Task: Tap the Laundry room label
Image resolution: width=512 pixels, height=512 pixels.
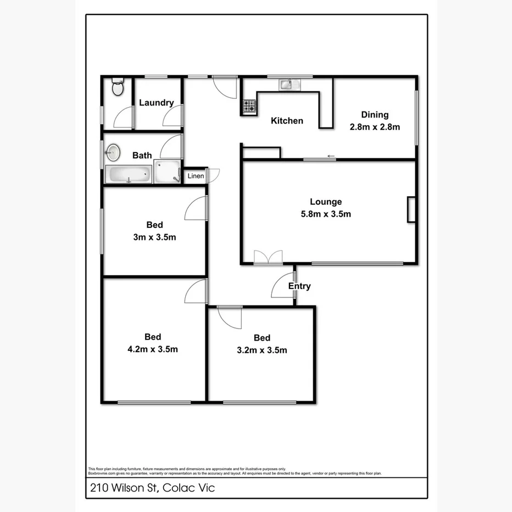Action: click(156, 103)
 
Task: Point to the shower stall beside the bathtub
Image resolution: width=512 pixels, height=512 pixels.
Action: click(167, 171)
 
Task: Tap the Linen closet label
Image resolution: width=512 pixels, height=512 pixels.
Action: click(196, 176)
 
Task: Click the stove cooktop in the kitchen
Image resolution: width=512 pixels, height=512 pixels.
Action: click(249, 107)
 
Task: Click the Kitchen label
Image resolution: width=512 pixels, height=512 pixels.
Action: click(287, 121)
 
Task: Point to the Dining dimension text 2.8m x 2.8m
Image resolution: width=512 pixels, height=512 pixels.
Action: click(375, 127)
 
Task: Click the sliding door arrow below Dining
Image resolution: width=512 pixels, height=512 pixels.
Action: click(331, 157)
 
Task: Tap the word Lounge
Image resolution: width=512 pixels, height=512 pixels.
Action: click(326, 202)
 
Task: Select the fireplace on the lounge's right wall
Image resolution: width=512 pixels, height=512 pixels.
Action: click(411, 209)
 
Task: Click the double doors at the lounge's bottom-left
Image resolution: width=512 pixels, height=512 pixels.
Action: click(268, 258)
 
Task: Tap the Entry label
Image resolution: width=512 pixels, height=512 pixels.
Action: click(299, 286)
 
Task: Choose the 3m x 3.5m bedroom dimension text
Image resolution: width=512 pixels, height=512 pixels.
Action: click(154, 237)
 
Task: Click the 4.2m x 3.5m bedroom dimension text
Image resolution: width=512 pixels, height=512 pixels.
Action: click(153, 349)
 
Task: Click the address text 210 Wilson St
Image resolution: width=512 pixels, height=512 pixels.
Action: click(123, 488)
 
